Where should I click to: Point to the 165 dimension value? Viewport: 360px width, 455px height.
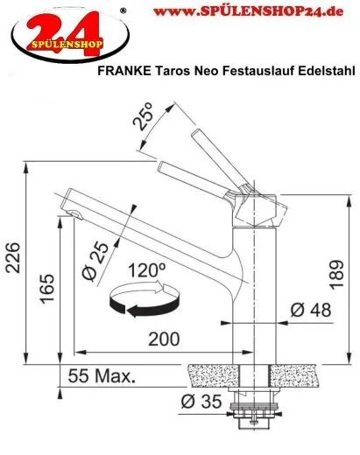coord(48,288)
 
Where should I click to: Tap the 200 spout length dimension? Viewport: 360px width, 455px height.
coord(159,339)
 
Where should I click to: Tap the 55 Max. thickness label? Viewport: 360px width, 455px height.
coord(102,378)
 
